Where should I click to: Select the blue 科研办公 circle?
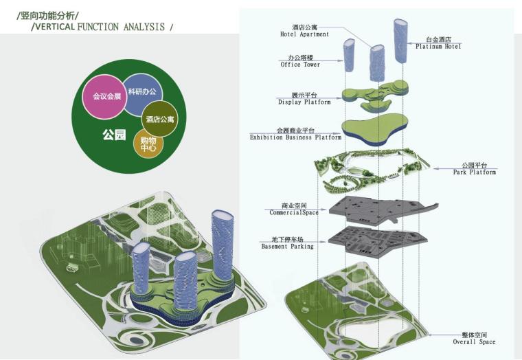(x=143, y=91)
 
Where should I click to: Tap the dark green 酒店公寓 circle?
(x=160, y=119)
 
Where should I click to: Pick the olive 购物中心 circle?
(x=148, y=144)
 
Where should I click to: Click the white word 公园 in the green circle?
(x=114, y=135)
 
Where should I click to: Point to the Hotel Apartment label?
(x=304, y=30)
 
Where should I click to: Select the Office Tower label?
(x=300, y=61)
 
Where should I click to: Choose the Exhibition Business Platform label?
(x=295, y=134)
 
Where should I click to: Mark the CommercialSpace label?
(x=294, y=209)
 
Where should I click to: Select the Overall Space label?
(x=474, y=338)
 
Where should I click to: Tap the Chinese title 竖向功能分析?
(x=48, y=14)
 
